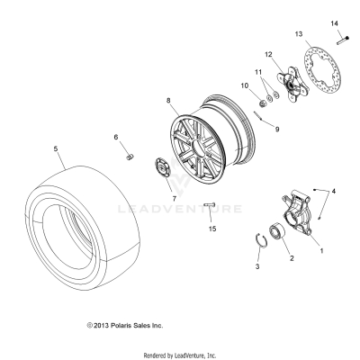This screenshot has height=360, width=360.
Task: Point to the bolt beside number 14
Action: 344,40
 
